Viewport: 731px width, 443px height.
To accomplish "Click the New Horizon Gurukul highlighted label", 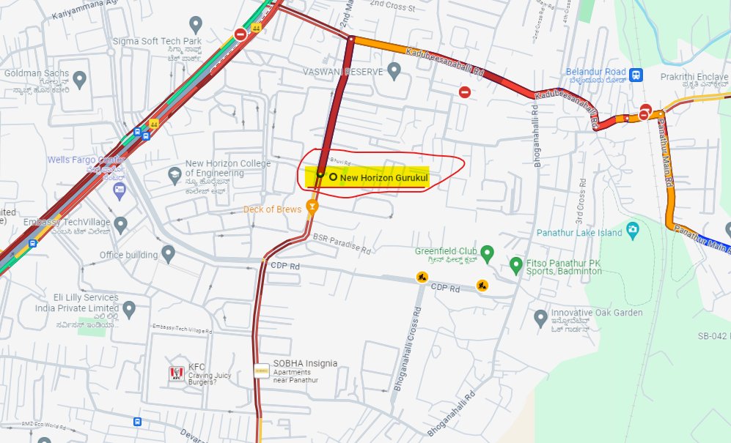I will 378,177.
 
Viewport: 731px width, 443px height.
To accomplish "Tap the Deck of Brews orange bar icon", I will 312,208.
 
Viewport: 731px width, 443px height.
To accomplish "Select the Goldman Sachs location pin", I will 80,78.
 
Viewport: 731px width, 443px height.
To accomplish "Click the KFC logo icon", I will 175,374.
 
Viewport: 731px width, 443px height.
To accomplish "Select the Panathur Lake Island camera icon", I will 631,232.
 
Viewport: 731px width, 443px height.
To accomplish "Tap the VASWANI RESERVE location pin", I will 394,71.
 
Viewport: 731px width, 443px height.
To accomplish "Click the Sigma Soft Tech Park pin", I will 195,24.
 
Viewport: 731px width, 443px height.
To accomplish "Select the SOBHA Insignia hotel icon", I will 262,371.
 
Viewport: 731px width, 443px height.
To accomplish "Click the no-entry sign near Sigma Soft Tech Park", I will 240,34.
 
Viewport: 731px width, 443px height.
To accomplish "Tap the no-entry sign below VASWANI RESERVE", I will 464,92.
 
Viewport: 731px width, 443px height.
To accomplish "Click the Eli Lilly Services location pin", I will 130,309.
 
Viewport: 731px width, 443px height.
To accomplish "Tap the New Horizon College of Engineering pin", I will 175,174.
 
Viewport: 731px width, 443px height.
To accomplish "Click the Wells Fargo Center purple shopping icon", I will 119,191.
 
